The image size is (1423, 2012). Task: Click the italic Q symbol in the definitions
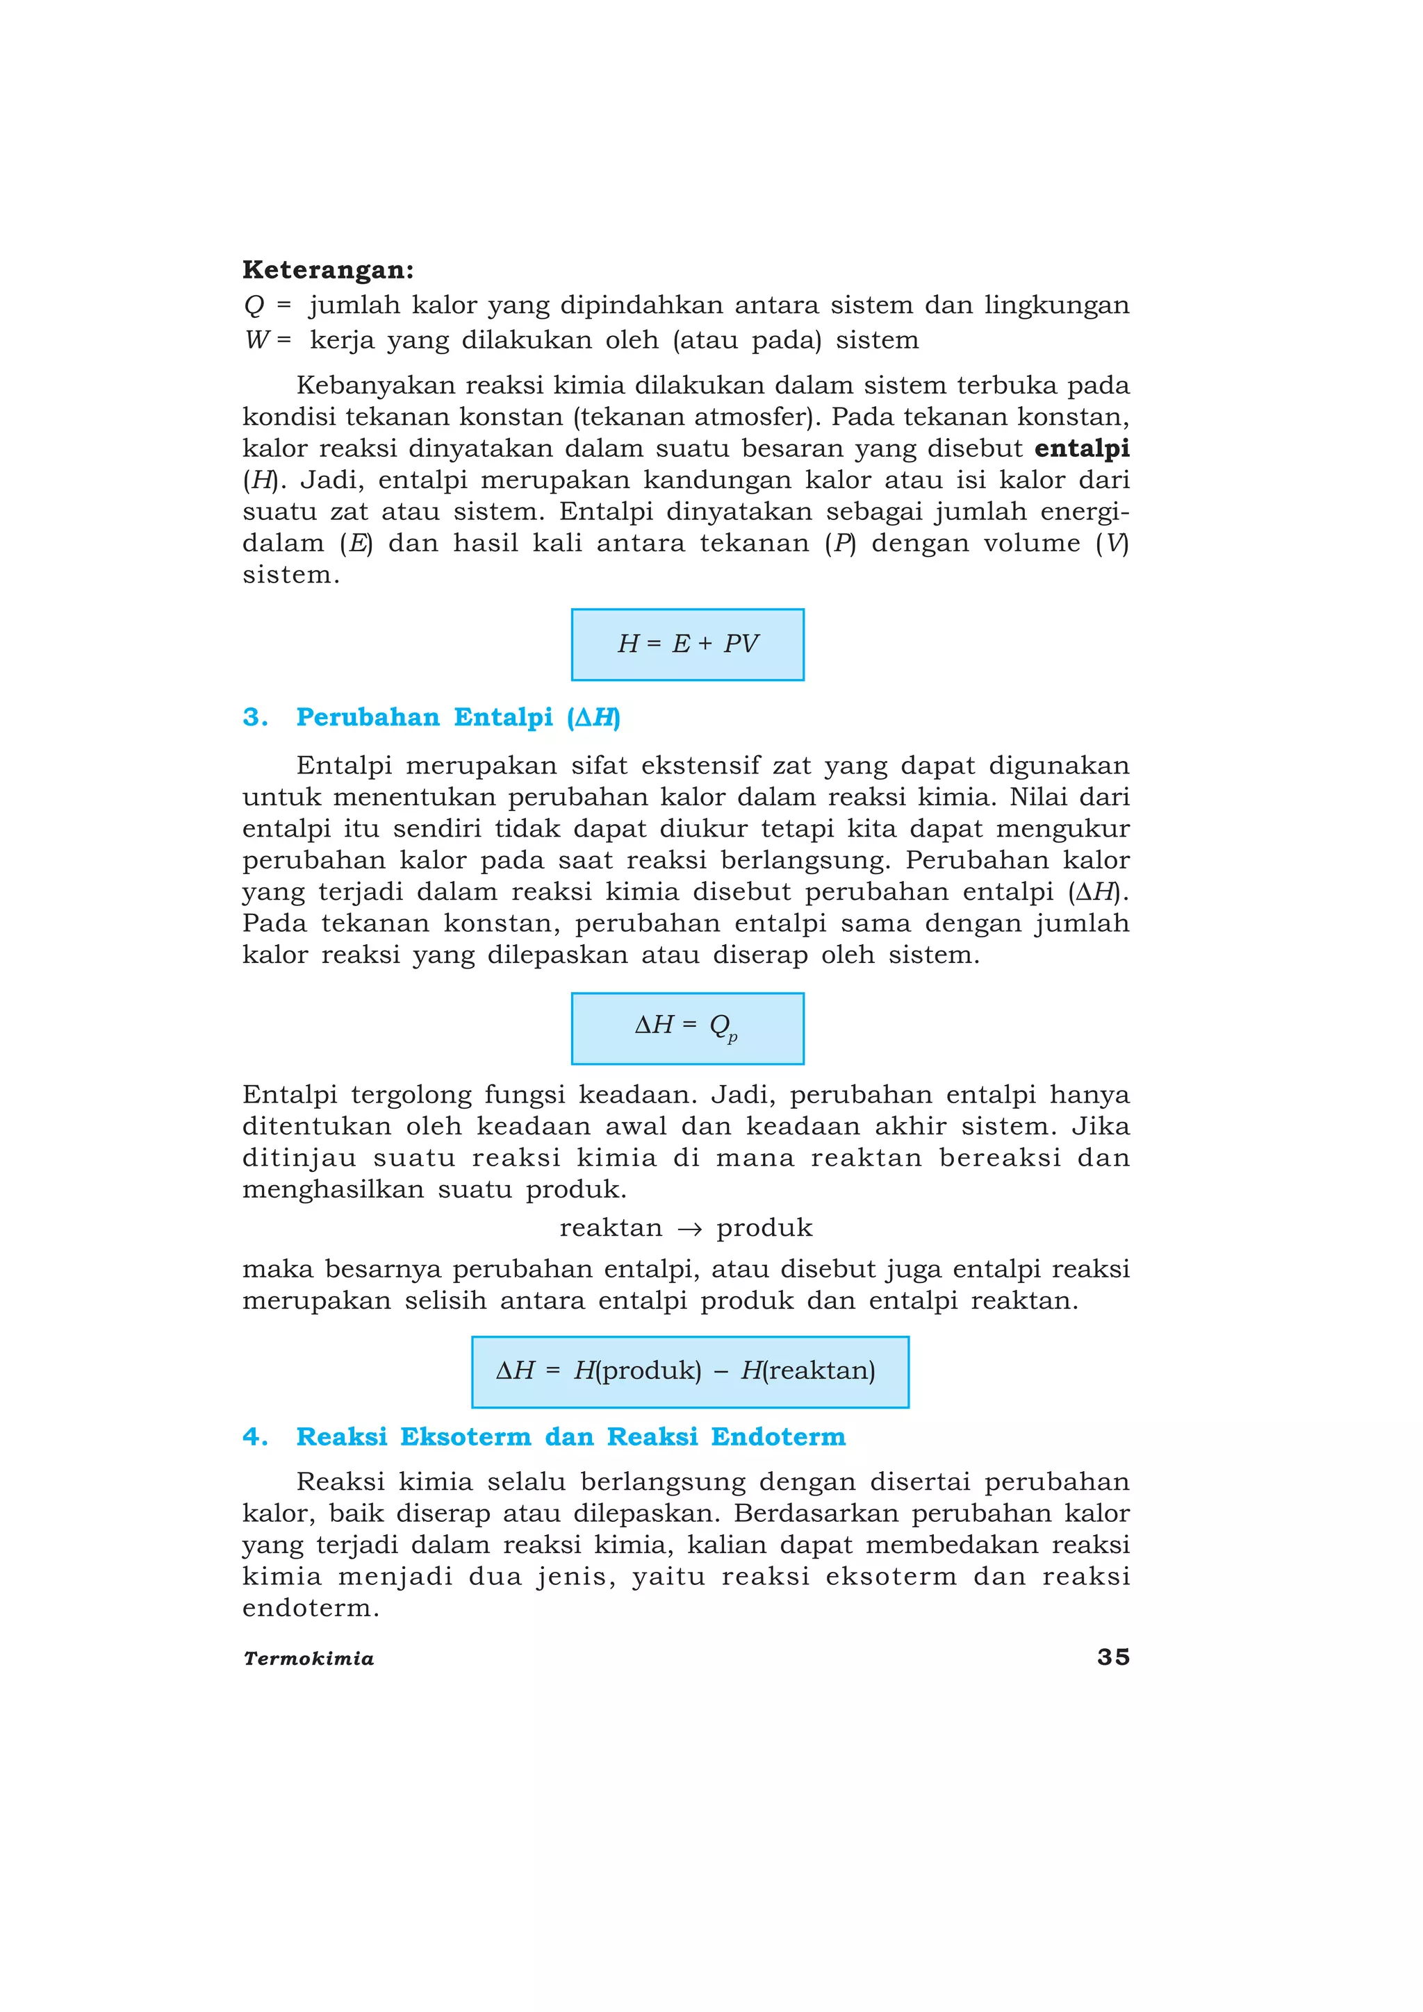coord(254,306)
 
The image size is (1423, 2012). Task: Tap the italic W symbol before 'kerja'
coord(258,340)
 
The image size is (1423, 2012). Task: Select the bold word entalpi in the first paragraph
coord(1081,448)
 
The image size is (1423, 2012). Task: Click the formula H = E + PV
coord(687,644)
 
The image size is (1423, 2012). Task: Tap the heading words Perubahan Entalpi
coord(425,718)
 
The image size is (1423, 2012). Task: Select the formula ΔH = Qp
coord(687,1027)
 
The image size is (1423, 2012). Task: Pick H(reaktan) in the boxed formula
coord(807,1370)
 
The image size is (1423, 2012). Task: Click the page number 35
coord(1112,1657)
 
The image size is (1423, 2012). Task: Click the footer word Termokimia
coord(309,1659)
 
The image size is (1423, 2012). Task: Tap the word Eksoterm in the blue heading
coord(466,1437)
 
